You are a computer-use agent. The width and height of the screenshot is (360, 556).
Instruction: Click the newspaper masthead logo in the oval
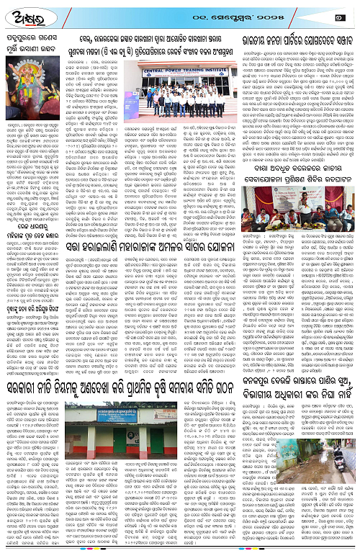click(x=23, y=12)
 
